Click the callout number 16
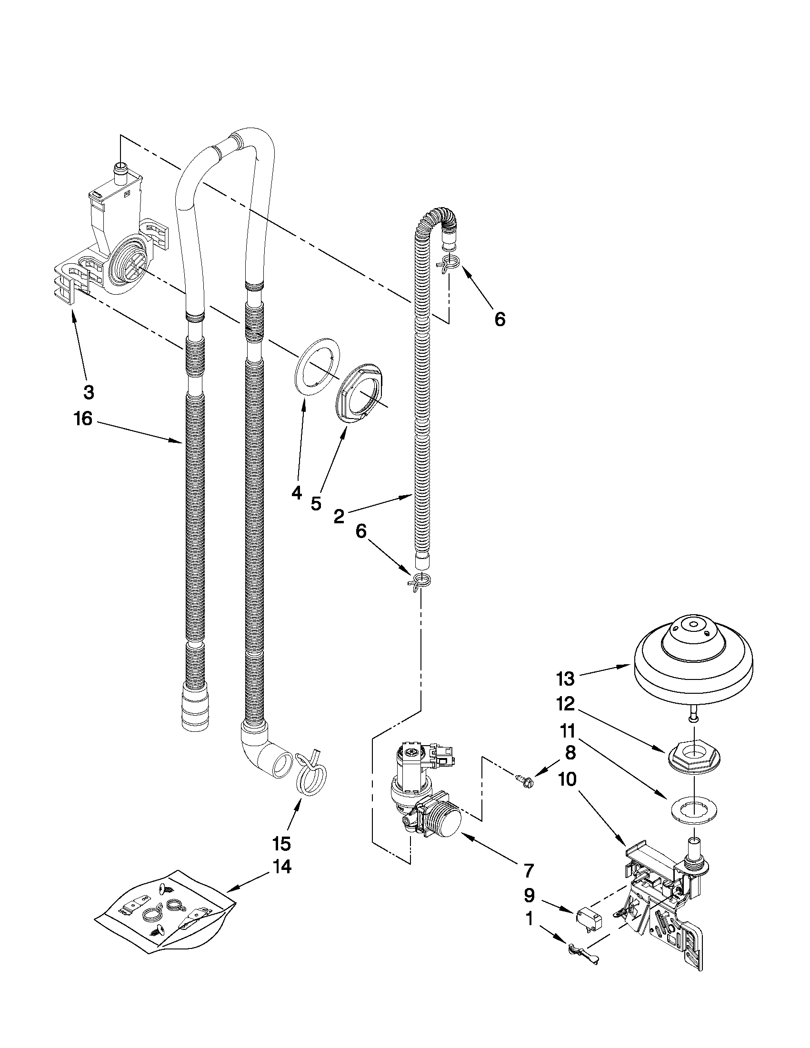83,419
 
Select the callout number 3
89,392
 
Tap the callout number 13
565,679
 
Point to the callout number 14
282,867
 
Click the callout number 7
528,869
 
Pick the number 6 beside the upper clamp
500,319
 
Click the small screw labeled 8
524,783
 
